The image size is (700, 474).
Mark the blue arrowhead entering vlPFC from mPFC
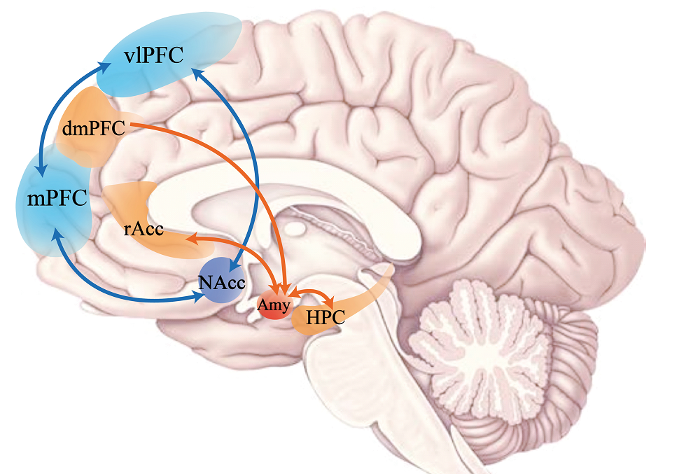click(x=104, y=67)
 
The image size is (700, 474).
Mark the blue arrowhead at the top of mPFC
click(x=42, y=170)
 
